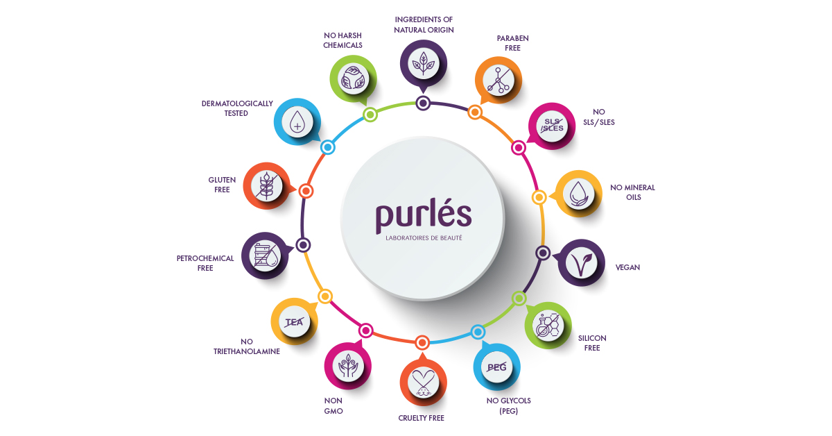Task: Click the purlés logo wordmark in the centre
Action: (424, 215)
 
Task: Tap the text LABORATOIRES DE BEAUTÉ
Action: (424, 238)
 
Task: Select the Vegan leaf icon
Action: (581, 263)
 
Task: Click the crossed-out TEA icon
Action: (294, 322)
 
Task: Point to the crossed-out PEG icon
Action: (496, 367)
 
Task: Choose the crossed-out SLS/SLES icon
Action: (552, 126)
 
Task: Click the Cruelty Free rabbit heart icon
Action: (423, 382)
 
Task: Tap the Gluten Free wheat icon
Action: (267, 186)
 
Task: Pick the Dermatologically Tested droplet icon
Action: (297, 122)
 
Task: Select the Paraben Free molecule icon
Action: (499, 80)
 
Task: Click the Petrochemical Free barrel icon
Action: (265, 255)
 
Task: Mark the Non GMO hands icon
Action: (347, 366)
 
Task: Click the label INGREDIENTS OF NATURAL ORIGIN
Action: (424, 24)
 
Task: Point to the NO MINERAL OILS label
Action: (633, 192)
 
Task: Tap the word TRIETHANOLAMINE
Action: (247, 351)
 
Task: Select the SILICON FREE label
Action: (592, 343)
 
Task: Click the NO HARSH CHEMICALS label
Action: (343, 40)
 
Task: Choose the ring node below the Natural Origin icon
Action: (423, 103)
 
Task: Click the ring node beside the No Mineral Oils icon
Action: (539, 197)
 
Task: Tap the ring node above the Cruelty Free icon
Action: (422, 343)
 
